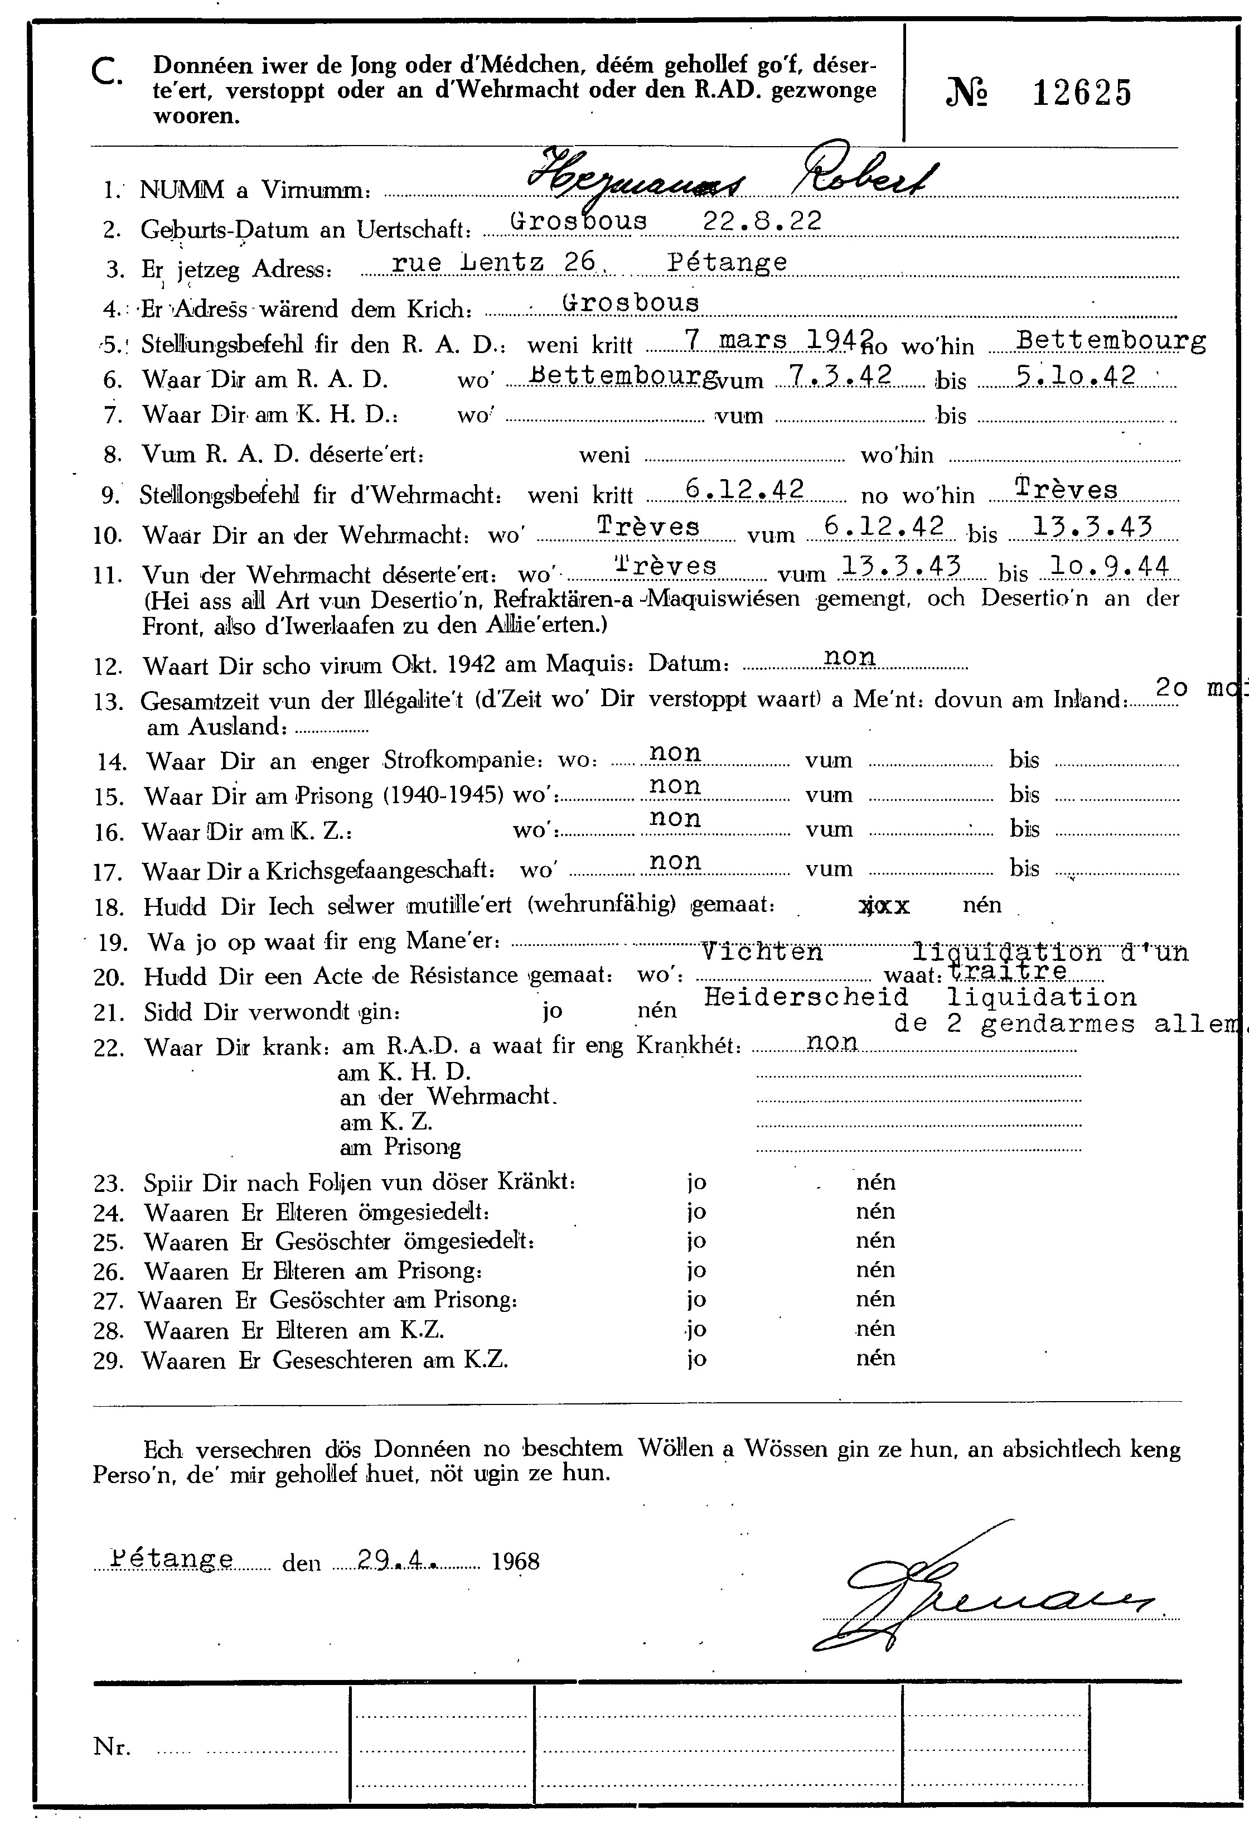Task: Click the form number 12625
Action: click(x=1082, y=94)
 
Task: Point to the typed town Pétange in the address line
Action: click(x=727, y=262)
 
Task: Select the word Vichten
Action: click(x=762, y=952)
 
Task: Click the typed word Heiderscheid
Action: click(x=806, y=997)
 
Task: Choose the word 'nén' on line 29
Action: click(x=875, y=1358)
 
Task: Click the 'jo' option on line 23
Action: click(x=696, y=1182)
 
